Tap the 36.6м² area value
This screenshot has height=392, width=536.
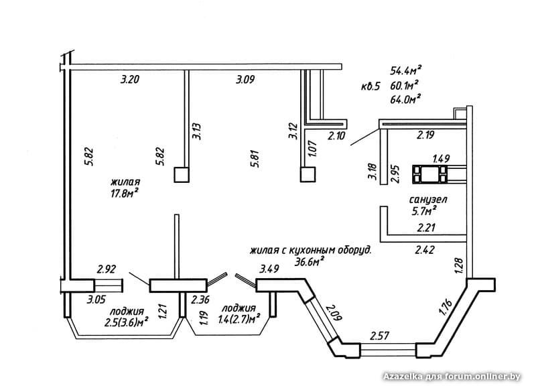pos(309,262)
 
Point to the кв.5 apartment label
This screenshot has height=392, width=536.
pos(370,86)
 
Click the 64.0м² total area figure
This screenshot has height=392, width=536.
pos(405,99)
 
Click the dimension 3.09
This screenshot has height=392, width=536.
pos(245,80)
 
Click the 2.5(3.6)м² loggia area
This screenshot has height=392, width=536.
pos(126,323)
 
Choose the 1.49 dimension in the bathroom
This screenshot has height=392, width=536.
pos(440,159)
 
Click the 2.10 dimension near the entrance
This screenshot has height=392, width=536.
pos(336,137)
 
